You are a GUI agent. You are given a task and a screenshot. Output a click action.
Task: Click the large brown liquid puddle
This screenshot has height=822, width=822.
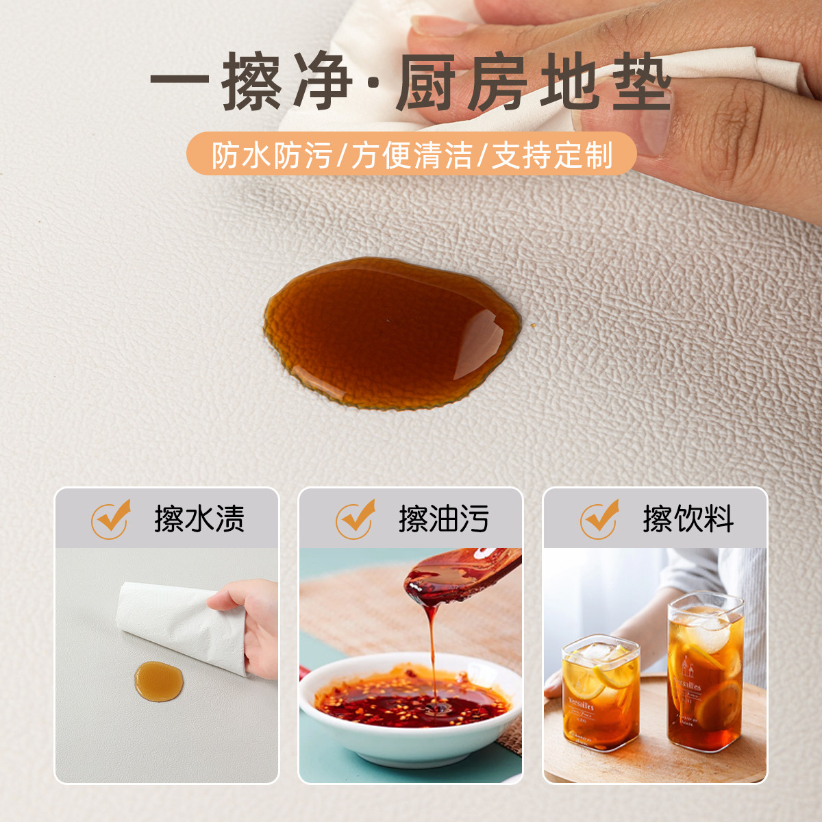coord(392,333)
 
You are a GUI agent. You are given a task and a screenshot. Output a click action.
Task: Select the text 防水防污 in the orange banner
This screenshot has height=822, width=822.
coord(272,154)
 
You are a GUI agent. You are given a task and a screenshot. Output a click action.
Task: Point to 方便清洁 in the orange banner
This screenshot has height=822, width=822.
coord(412,154)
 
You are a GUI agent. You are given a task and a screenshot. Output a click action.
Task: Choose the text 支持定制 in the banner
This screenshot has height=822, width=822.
coord(552,154)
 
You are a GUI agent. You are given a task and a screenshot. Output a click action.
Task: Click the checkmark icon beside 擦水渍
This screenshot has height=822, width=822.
coord(110,519)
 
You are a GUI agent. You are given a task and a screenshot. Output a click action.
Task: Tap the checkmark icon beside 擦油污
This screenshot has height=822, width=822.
coord(355,519)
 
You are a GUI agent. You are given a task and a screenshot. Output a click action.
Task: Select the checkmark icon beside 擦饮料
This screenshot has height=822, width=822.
coord(599,519)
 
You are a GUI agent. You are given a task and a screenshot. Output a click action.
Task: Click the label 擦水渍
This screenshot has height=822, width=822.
coord(199,519)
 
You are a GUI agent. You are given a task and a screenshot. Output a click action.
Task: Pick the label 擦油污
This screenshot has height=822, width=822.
coord(444,519)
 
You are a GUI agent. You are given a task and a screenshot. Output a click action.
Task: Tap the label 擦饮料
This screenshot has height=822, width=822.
coord(688,519)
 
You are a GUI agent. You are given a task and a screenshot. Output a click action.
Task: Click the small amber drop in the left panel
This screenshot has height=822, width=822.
coord(159,681)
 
